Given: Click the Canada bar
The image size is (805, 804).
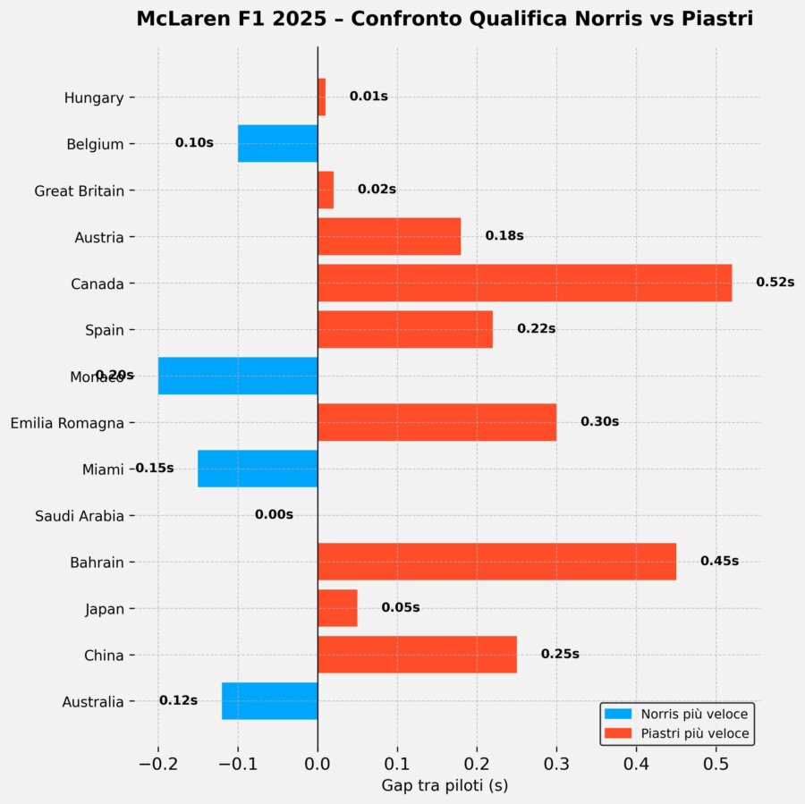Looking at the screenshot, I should pyautogui.click(x=524, y=283).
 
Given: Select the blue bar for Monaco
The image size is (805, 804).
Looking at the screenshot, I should pyautogui.click(x=238, y=376).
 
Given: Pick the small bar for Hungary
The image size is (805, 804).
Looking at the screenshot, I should pyautogui.click(x=322, y=97).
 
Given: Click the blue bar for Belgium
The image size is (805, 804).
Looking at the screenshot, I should pyautogui.click(x=277, y=143).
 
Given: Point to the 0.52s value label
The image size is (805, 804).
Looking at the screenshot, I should pyautogui.click(x=775, y=282).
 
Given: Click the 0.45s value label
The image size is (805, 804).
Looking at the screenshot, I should pyautogui.click(x=719, y=561).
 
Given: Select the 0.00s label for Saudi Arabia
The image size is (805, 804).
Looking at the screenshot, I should pyautogui.click(x=274, y=514).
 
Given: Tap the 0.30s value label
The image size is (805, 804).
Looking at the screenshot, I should pyautogui.click(x=599, y=421).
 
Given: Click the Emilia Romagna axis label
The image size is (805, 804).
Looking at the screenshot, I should pyautogui.click(x=67, y=423).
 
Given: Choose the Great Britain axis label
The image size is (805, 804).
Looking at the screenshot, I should pyautogui.click(x=79, y=190).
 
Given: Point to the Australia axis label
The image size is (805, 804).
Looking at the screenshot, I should pyautogui.click(x=93, y=702).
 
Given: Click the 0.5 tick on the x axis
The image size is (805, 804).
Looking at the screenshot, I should pyautogui.click(x=716, y=763).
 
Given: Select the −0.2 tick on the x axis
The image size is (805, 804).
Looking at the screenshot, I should pyautogui.click(x=157, y=763).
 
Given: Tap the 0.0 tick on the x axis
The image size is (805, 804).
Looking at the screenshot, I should pyautogui.click(x=318, y=763).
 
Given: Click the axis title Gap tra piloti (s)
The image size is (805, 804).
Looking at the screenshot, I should pyautogui.click(x=445, y=785).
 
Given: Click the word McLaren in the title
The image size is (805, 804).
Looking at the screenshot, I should pyautogui.click(x=174, y=19).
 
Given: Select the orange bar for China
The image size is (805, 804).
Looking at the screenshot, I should pyautogui.click(x=417, y=655).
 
